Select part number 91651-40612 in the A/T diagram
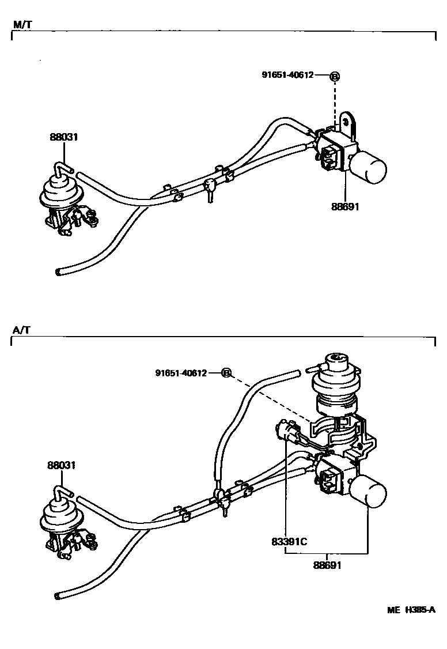[x=180, y=373]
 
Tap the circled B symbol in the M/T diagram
[x=335, y=76]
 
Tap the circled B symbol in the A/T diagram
[x=226, y=373]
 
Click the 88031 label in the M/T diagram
[x=63, y=137]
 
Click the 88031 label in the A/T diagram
[x=63, y=466]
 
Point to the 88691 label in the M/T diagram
[x=345, y=206]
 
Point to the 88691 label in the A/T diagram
[x=327, y=565]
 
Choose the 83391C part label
[x=288, y=542]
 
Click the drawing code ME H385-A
[x=411, y=610]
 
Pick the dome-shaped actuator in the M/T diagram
[x=58, y=190]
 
